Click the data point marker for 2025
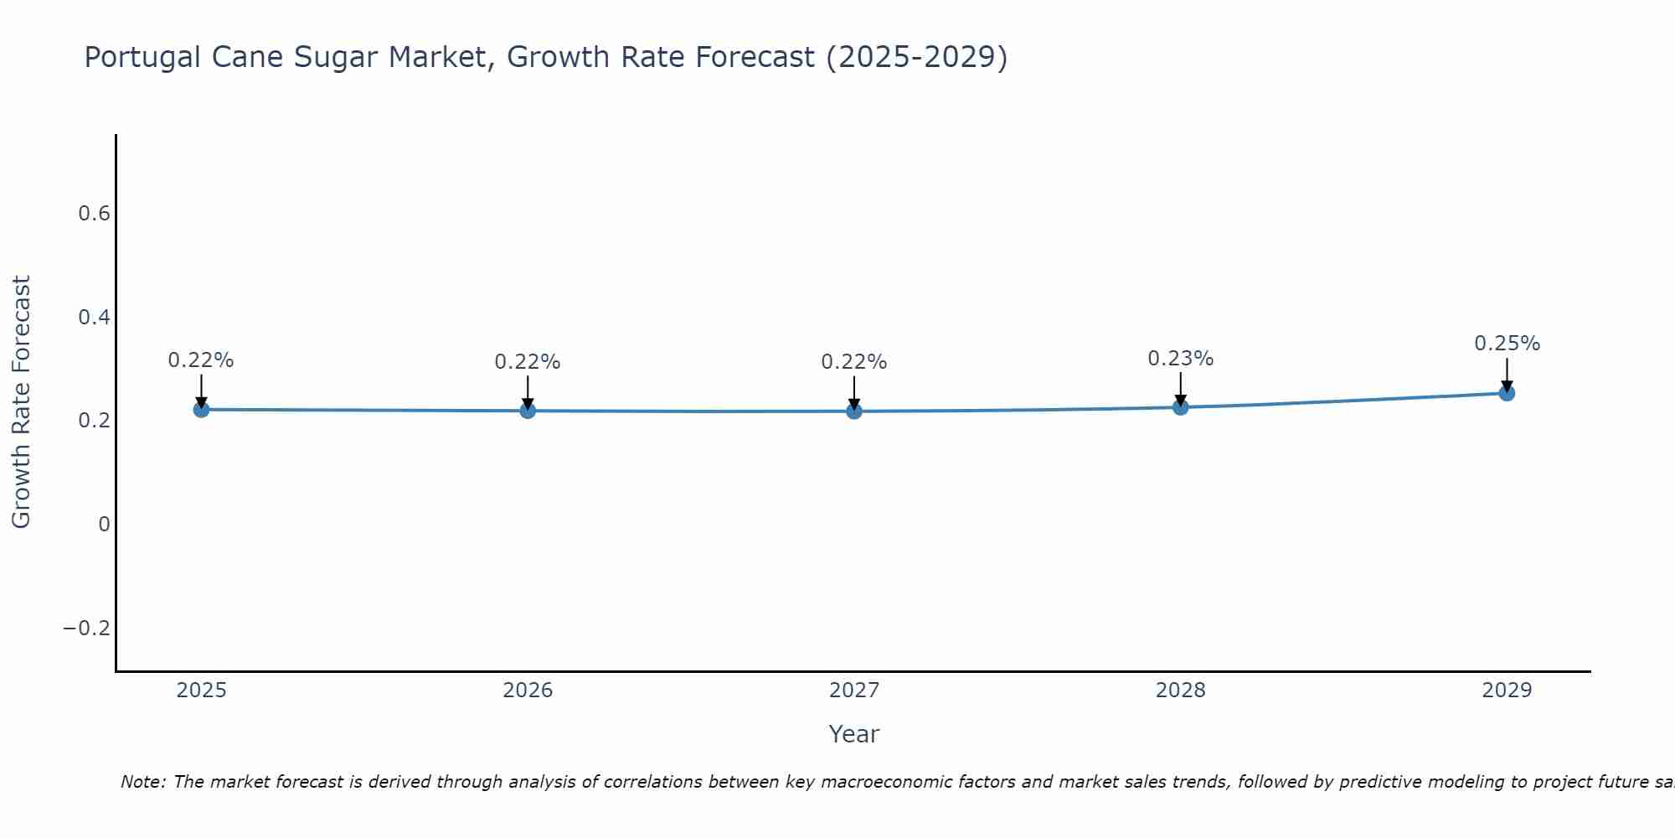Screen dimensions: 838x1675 point(201,409)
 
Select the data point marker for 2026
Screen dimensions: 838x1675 point(528,411)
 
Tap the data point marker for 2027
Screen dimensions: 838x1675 point(854,411)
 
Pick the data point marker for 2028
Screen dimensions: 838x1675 point(1180,407)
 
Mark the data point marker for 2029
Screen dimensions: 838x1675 point(1507,393)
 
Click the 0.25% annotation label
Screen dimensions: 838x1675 point(1507,344)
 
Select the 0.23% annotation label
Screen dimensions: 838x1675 point(1180,359)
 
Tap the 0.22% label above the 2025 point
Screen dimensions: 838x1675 point(201,360)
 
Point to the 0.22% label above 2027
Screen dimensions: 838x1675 point(854,362)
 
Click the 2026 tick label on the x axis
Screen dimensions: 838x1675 point(528,691)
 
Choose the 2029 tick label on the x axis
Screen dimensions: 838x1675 point(1507,691)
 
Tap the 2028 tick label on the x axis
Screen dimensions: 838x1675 point(1180,691)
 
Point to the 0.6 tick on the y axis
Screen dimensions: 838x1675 point(94,214)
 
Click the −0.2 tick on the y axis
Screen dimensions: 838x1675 point(87,628)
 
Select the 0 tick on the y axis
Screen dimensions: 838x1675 point(104,525)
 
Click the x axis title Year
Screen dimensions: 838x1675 point(853,734)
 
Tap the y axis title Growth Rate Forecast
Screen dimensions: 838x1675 point(21,401)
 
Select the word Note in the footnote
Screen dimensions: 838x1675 point(142,782)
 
